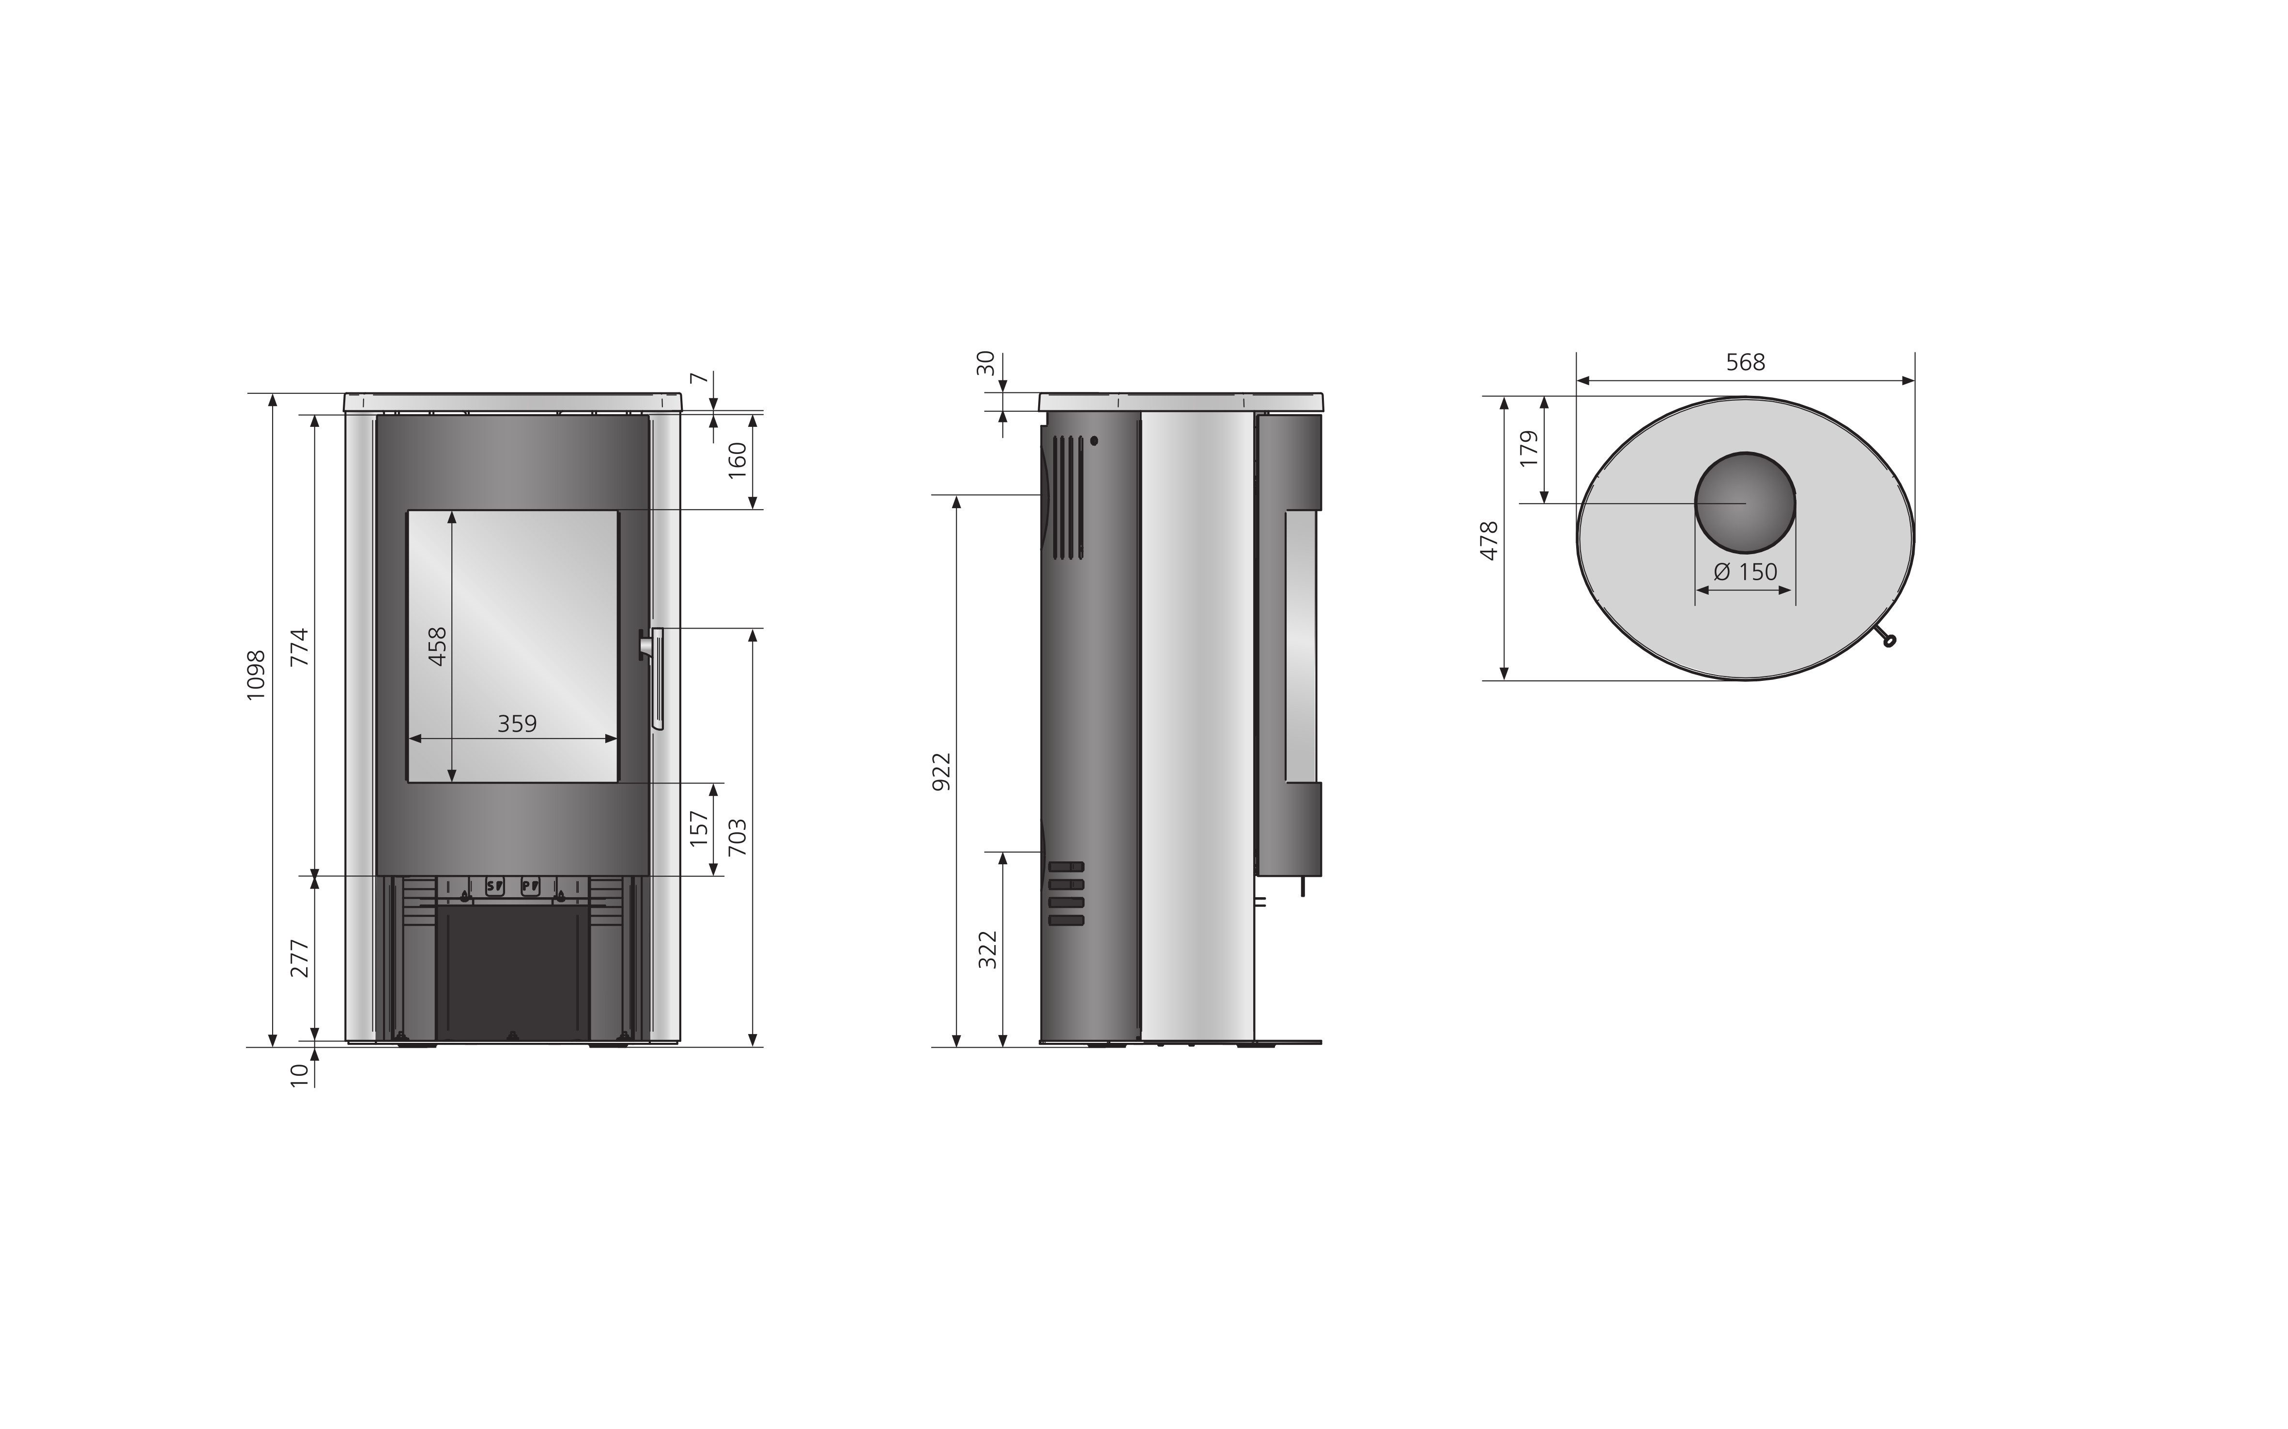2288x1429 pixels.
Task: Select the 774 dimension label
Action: pyautogui.click(x=300, y=647)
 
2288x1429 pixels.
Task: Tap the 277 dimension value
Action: pyautogui.click(x=300, y=958)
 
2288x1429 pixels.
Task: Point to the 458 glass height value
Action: pyautogui.click(x=438, y=647)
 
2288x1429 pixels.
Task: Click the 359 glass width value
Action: pyautogui.click(x=517, y=724)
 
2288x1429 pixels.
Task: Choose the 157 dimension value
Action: pyautogui.click(x=700, y=829)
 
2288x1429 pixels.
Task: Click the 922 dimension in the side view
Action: pyautogui.click(x=941, y=771)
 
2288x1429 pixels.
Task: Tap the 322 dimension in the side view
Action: pyautogui.click(x=988, y=950)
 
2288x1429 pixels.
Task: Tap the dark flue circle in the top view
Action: pyautogui.click(x=1744, y=503)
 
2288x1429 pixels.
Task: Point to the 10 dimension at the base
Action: pyautogui.click(x=300, y=1076)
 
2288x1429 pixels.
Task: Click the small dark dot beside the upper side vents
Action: pyautogui.click(x=1094, y=440)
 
